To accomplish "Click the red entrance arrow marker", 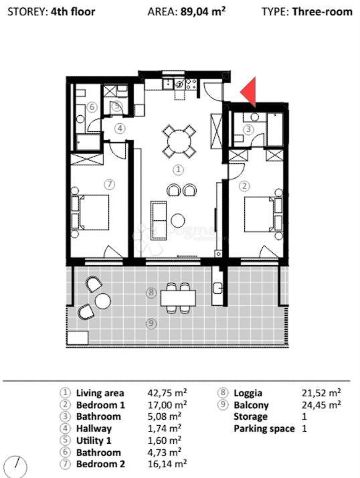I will coord(249,93).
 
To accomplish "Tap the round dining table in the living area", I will coord(179,141).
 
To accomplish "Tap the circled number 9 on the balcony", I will coord(152,324).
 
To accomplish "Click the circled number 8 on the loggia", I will coord(152,293).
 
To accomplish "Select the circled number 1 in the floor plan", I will coord(178,170).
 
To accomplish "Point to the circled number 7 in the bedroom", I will coord(110,183).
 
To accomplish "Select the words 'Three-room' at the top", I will coord(322,11).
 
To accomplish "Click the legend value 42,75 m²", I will coord(167,393).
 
